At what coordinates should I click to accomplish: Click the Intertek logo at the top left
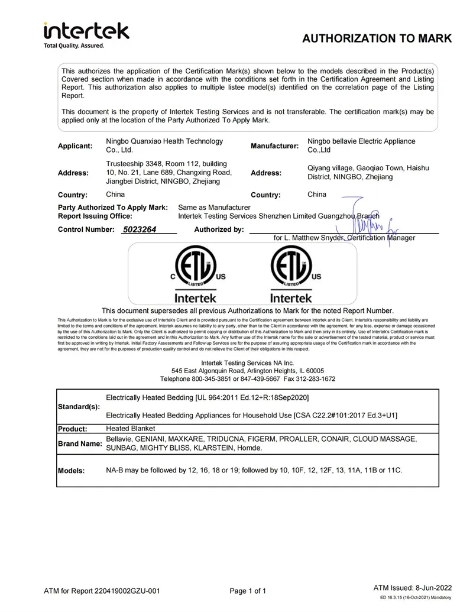[86, 34]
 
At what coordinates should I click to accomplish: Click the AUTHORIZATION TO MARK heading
[377, 39]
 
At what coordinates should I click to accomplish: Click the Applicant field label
[75, 145]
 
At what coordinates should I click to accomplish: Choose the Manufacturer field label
[274, 145]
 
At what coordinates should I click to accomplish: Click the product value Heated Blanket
[131, 429]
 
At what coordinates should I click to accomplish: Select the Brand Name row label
[79, 443]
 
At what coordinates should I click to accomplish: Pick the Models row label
[72, 471]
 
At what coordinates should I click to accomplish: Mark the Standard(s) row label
[79, 407]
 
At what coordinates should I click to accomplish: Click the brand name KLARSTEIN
[212, 448]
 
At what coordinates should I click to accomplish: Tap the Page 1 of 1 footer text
[248, 591]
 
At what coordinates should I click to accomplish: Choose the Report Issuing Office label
[95, 216]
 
